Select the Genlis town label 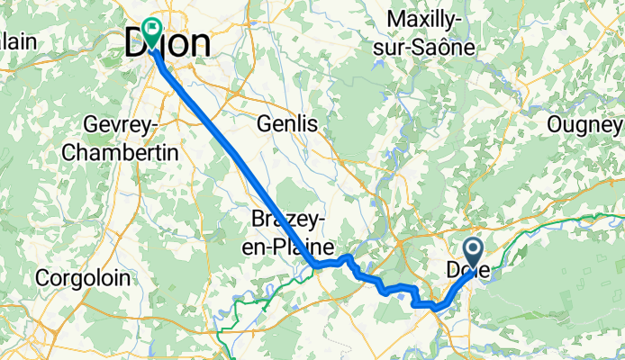(x=287, y=124)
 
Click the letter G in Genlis (x=265, y=124)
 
